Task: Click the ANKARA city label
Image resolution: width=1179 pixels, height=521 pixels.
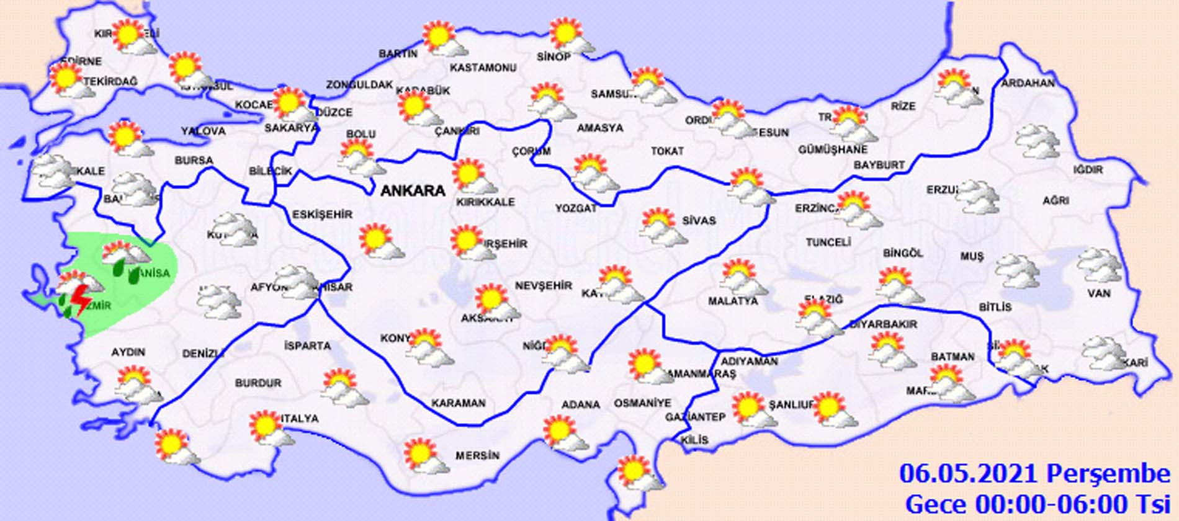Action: coord(413,190)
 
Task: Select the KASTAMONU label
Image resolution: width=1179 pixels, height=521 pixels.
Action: coord(483,67)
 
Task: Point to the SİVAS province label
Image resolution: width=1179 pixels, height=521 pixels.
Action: coord(699,220)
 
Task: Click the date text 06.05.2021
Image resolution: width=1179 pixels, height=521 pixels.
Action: coord(969,474)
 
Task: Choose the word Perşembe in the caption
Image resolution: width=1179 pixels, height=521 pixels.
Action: coord(1108,474)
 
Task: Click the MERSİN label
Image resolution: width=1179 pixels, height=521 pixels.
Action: coord(477,456)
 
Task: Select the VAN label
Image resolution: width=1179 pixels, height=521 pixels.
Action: coord(1099,293)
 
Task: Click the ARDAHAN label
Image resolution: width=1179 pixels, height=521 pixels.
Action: coord(1028,82)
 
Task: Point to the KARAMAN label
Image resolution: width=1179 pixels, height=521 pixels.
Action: coord(459,403)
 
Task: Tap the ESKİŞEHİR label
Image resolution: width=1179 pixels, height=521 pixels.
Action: coord(322,215)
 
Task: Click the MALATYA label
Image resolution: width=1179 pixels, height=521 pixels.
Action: coord(733,301)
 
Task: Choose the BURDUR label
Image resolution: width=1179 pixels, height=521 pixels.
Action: coord(258,383)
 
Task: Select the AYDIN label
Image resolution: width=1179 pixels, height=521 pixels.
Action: coord(128,352)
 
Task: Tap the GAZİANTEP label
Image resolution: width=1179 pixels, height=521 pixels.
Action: coord(696,417)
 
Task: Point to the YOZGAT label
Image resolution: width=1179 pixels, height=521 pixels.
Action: coord(575,208)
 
